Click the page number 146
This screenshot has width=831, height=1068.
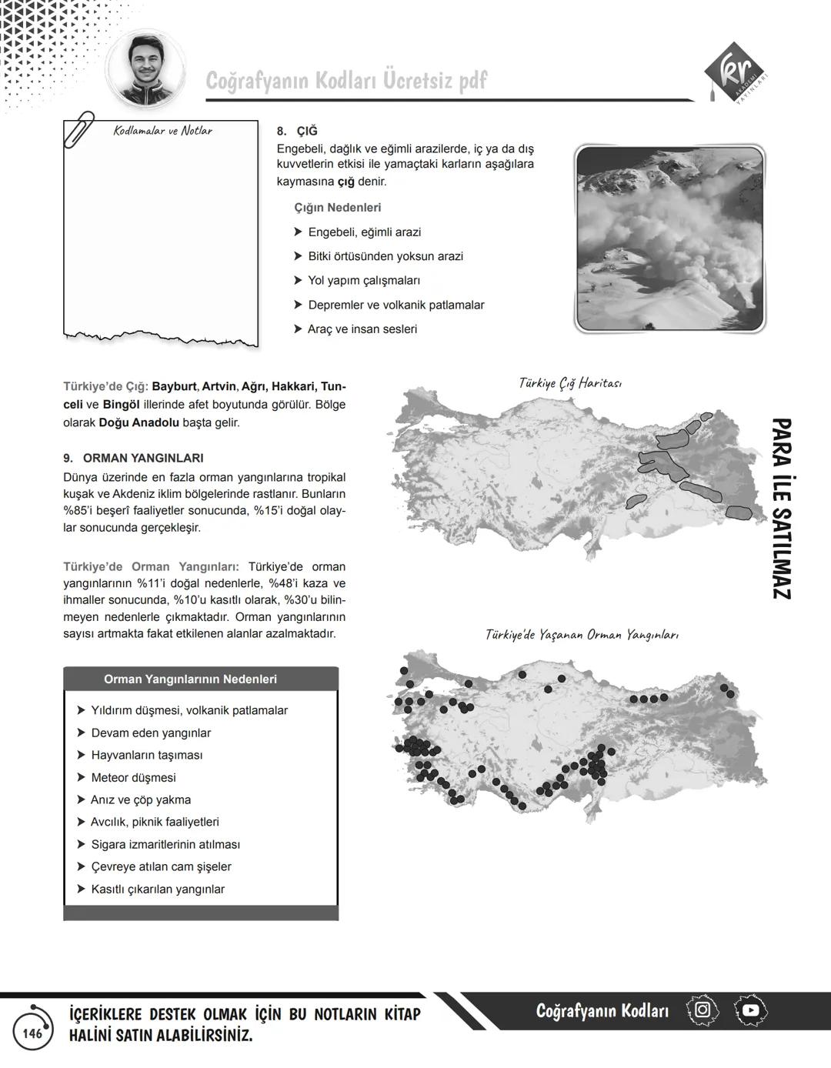[x=32, y=1033]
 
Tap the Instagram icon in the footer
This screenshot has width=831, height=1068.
[x=702, y=1010]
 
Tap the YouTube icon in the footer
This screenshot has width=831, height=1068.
[x=750, y=1010]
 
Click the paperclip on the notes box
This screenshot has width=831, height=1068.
[x=79, y=128]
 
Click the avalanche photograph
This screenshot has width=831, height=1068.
[x=669, y=239]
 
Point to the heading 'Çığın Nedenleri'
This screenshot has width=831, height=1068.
[x=337, y=208]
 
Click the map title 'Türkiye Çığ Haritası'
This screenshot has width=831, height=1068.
[x=570, y=382]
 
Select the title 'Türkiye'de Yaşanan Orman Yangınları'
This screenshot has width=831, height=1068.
[x=582, y=635]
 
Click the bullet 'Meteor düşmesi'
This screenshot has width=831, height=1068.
[x=133, y=777]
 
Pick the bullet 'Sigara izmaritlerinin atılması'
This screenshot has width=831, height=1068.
[x=165, y=844]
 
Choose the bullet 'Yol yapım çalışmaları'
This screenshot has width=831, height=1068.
[x=363, y=280]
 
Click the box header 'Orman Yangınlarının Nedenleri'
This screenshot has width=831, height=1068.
[x=190, y=679]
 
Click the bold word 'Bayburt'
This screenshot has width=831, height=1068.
[x=174, y=386]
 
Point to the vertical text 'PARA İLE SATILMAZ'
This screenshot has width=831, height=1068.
[x=780, y=509]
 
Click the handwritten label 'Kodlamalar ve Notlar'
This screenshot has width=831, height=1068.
[x=162, y=131]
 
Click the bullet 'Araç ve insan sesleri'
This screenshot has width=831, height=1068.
[x=362, y=329]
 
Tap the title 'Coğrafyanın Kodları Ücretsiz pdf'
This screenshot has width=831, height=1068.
[x=346, y=81]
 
